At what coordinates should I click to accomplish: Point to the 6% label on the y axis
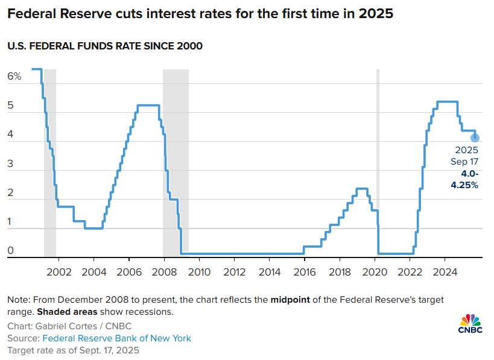click(14, 77)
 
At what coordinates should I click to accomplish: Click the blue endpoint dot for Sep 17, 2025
click(475, 138)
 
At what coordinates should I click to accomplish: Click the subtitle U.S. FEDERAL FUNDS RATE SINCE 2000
click(105, 46)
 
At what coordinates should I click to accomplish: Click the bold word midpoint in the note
click(292, 300)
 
